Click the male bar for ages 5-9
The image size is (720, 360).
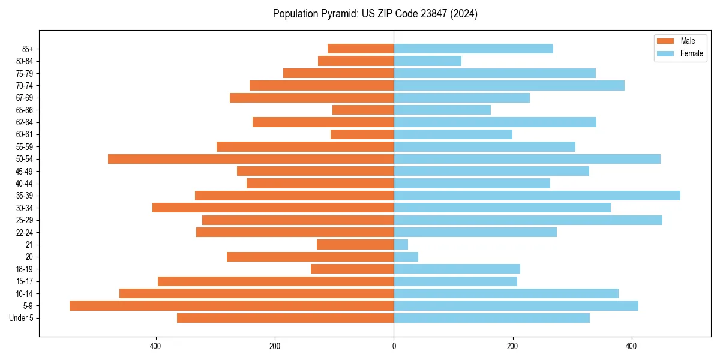point(232,306)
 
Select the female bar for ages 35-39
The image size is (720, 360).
point(537,196)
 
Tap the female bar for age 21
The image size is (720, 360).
point(401,245)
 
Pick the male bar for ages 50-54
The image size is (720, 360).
point(251,159)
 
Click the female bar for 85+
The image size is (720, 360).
point(473,49)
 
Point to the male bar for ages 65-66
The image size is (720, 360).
point(363,110)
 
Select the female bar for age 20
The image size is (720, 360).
point(406,257)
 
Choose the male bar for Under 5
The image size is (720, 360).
point(286,318)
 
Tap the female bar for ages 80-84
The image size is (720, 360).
point(428,61)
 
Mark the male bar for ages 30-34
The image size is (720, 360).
point(273,208)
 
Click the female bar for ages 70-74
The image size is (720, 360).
point(509,86)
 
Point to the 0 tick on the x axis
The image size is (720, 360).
point(394,346)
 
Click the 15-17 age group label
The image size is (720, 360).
point(25,281)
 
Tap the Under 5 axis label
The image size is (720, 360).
point(22,318)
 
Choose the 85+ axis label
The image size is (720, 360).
point(27,49)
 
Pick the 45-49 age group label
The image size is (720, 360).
point(25,171)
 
